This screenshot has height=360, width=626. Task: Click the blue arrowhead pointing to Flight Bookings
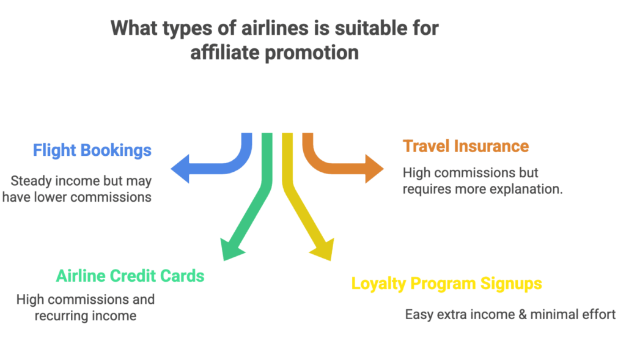[x=181, y=168]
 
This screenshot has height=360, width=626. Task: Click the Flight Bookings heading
[x=92, y=150]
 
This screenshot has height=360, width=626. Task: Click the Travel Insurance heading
[x=465, y=146]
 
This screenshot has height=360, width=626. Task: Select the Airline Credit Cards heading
[x=130, y=276]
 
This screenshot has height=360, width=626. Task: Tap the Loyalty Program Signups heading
[x=446, y=284]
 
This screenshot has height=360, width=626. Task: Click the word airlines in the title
[x=256, y=28]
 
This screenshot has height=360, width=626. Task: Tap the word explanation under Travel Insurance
[x=526, y=189]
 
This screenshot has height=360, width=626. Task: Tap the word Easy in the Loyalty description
[x=418, y=315]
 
